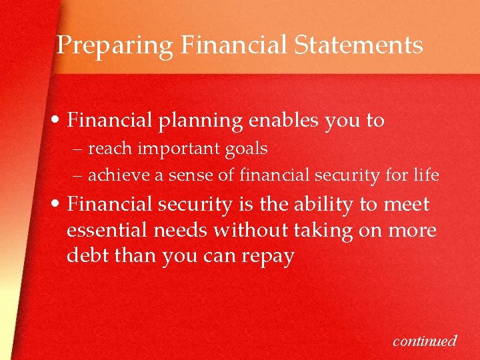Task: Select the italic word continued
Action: click(425, 341)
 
